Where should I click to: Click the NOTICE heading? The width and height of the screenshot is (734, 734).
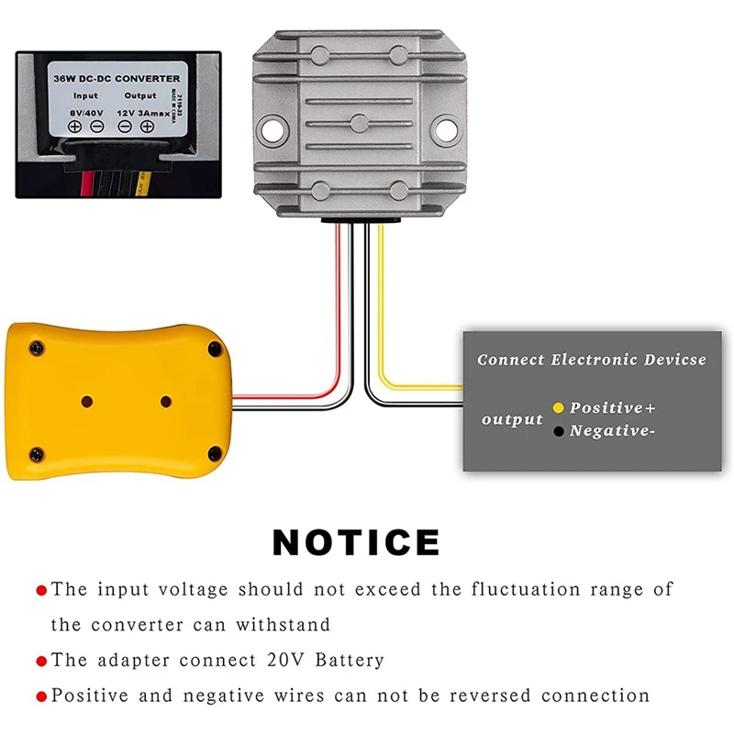pyautogui.click(x=356, y=541)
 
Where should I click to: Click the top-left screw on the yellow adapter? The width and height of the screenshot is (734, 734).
pyautogui.click(x=37, y=348)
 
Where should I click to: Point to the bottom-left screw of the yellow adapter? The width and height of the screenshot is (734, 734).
pyautogui.click(x=37, y=452)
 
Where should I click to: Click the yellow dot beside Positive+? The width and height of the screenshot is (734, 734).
pyautogui.click(x=557, y=407)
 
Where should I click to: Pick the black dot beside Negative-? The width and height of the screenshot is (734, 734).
pyautogui.click(x=557, y=430)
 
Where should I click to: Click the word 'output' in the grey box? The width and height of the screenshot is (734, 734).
pyautogui.click(x=513, y=419)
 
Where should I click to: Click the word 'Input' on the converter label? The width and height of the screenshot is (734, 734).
pyautogui.click(x=86, y=95)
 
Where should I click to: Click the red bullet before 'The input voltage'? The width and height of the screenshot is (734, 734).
pyautogui.click(x=41, y=590)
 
